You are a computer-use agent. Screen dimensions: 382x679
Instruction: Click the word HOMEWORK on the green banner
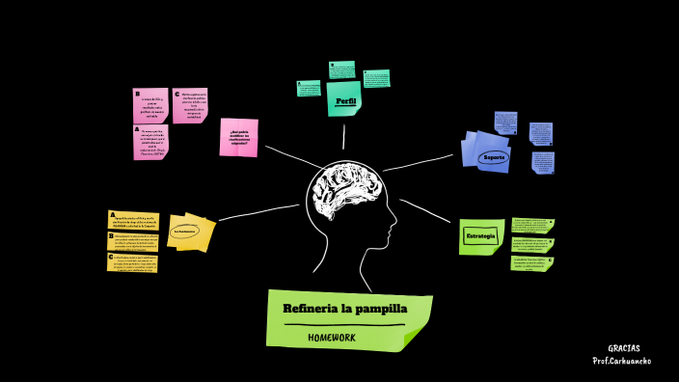tap(332, 337)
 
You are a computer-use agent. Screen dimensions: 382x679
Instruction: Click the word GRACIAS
tap(623, 348)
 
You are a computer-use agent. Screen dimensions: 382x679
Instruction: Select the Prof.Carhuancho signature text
tap(621, 361)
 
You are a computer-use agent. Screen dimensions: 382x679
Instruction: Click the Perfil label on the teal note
tap(345, 100)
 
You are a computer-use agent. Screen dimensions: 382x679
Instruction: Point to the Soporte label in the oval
tap(494, 156)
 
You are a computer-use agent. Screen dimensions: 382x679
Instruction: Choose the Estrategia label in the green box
tap(480, 236)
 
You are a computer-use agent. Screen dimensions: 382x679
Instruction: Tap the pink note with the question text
tap(239, 137)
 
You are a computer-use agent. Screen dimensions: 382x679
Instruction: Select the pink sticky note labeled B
tap(150, 104)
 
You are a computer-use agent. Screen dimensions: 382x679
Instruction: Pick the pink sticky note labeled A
tap(150, 142)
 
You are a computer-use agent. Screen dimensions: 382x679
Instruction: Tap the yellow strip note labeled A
tap(133, 220)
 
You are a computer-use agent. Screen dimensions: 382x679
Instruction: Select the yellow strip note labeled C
tap(133, 262)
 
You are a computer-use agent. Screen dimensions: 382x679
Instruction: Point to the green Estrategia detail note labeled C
tap(532, 263)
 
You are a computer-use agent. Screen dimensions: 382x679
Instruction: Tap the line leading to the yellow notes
tap(257, 212)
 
